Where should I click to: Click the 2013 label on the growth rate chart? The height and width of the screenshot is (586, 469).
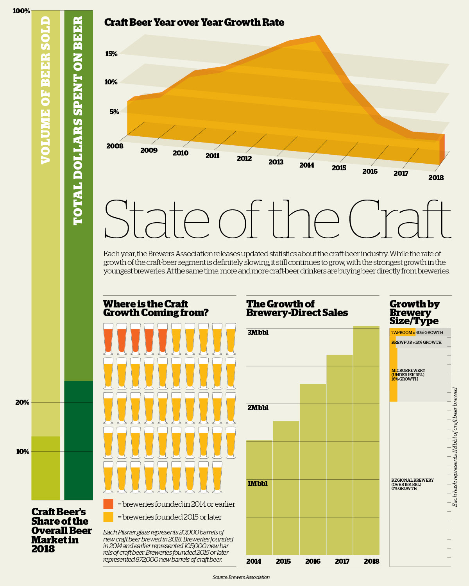pyautogui.click(x=276, y=162)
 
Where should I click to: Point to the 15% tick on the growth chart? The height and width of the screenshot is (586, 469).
pyautogui.click(x=111, y=54)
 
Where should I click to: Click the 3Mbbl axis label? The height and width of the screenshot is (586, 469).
pyautogui.click(x=258, y=332)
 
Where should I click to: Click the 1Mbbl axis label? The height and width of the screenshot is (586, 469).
pyautogui.click(x=258, y=484)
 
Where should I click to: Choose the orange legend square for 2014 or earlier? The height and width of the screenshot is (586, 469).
pyautogui.click(x=108, y=504)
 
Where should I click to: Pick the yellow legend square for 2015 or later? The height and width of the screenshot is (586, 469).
pyautogui.click(x=108, y=517)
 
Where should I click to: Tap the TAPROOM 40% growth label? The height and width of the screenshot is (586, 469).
pyautogui.click(x=417, y=332)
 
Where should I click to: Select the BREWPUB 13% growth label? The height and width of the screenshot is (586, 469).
pyautogui.click(x=416, y=342)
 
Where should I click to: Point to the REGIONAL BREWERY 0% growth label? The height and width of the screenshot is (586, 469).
pyautogui.click(x=412, y=484)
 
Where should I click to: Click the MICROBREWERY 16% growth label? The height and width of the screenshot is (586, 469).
pyautogui.click(x=408, y=375)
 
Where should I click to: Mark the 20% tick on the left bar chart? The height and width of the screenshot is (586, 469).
pyautogui.click(x=22, y=402)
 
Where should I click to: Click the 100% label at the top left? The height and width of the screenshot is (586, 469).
pyautogui.click(x=21, y=11)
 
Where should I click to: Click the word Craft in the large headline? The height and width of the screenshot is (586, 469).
pyautogui.click(x=399, y=220)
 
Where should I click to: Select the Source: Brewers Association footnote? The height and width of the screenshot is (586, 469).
pyautogui.click(x=241, y=577)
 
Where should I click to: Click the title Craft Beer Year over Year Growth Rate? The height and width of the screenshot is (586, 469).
pyautogui.click(x=194, y=22)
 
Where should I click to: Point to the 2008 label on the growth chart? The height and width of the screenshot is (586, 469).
pyautogui.click(x=115, y=146)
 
